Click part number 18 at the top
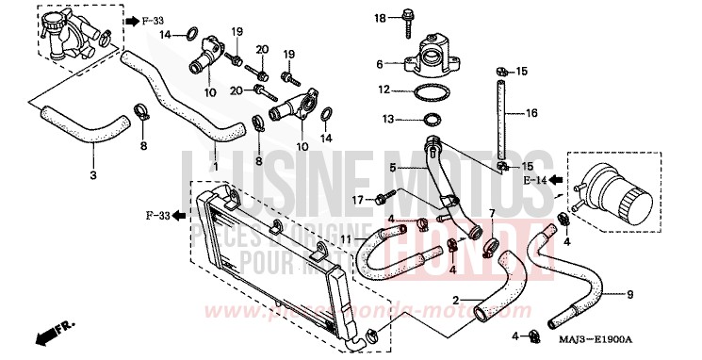[381, 18]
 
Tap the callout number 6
[381, 64]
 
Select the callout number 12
[384, 90]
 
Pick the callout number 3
[92, 176]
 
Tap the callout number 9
[629, 295]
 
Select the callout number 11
[346, 238]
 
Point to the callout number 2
[454, 301]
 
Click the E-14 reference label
[535, 178]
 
